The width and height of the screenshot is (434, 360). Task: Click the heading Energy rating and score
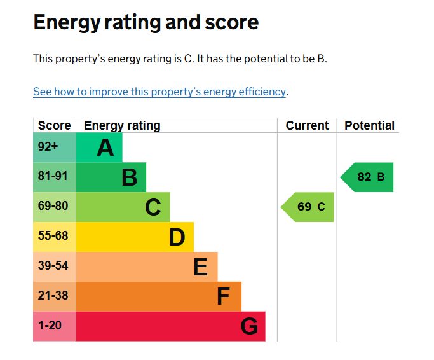point(146,23)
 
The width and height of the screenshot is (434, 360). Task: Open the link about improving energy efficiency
point(159,92)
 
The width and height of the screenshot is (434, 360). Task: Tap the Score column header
point(54,125)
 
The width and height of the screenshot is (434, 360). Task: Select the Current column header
point(307,125)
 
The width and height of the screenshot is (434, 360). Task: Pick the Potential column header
point(369,125)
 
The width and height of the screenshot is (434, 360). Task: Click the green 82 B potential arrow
point(369,177)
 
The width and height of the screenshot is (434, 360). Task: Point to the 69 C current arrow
point(309,207)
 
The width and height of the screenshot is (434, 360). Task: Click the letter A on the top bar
point(105,148)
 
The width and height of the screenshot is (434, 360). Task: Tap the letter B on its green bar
point(129,177)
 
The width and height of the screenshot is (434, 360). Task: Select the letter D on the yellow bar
point(177,237)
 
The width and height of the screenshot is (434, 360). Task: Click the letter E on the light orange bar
point(200,267)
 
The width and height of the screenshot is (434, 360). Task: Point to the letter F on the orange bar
point(222,296)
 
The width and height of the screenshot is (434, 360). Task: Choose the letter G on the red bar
point(249,326)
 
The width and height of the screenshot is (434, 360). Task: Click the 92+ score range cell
point(48,147)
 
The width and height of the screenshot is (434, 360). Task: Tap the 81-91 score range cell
point(53,176)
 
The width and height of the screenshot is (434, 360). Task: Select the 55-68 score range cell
point(53,236)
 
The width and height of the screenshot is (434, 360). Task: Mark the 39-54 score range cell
point(53,266)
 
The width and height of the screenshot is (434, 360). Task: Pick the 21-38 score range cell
point(53,296)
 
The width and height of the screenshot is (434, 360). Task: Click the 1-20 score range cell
point(50,326)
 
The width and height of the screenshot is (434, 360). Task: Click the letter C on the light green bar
point(153,207)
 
